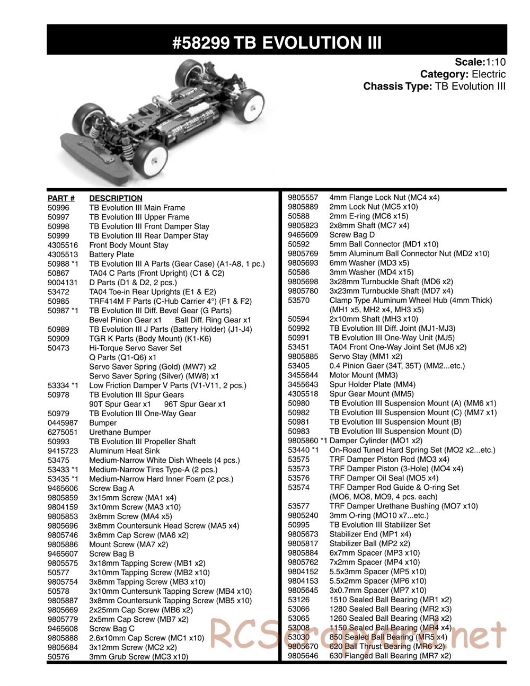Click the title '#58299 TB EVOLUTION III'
[277, 42]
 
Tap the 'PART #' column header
[60, 198]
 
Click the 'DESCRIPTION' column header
[116, 198]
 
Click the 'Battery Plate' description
[111, 254]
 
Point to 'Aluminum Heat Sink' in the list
[124, 451]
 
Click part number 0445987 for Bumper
[63, 423]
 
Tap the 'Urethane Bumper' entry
[120, 432]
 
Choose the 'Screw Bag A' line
[111, 488]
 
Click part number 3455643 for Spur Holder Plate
[303, 384]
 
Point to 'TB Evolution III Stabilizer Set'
[380, 524]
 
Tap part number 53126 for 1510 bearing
[298, 600]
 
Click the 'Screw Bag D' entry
[352, 235]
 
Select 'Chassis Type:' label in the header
[397, 86]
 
